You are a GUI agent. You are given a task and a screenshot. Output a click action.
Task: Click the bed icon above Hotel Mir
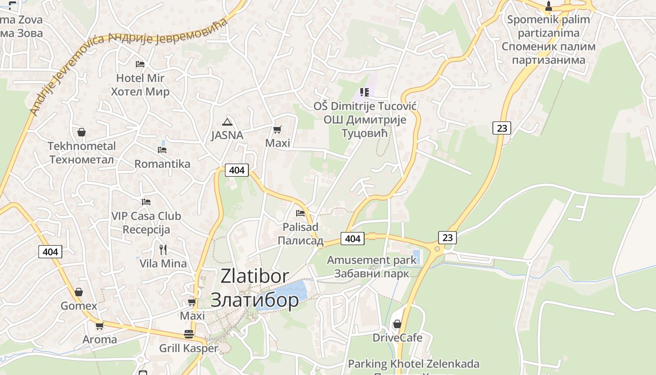[140, 64]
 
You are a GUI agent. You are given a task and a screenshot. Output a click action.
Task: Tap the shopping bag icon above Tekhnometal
[82, 132]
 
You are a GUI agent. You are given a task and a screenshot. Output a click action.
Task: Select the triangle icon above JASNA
[227, 122]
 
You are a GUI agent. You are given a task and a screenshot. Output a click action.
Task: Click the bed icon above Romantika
[162, 150]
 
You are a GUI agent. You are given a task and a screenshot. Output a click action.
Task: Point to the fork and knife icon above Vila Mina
[163, 249]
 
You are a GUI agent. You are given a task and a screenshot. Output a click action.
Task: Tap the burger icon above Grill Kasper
[189, 334]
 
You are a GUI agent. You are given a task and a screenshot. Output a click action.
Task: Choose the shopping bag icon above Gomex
[79, 292]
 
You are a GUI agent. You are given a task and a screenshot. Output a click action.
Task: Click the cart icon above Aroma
[99, 325]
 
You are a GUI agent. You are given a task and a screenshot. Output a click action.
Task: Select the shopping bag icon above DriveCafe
[397, 324]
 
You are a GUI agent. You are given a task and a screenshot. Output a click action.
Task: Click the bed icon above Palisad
[300, 213]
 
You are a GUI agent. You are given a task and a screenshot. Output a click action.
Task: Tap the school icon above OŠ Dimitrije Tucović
[365, 92]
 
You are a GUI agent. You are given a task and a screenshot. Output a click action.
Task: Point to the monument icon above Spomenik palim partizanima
[549, 7]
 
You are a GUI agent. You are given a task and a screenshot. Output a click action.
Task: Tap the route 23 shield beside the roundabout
[447, 237]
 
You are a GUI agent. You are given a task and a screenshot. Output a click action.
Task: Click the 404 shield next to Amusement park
[352, 239]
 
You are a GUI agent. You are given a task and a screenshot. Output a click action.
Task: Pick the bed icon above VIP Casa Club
[146, 202]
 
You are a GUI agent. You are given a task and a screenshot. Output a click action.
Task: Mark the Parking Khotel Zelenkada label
[413, 364]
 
